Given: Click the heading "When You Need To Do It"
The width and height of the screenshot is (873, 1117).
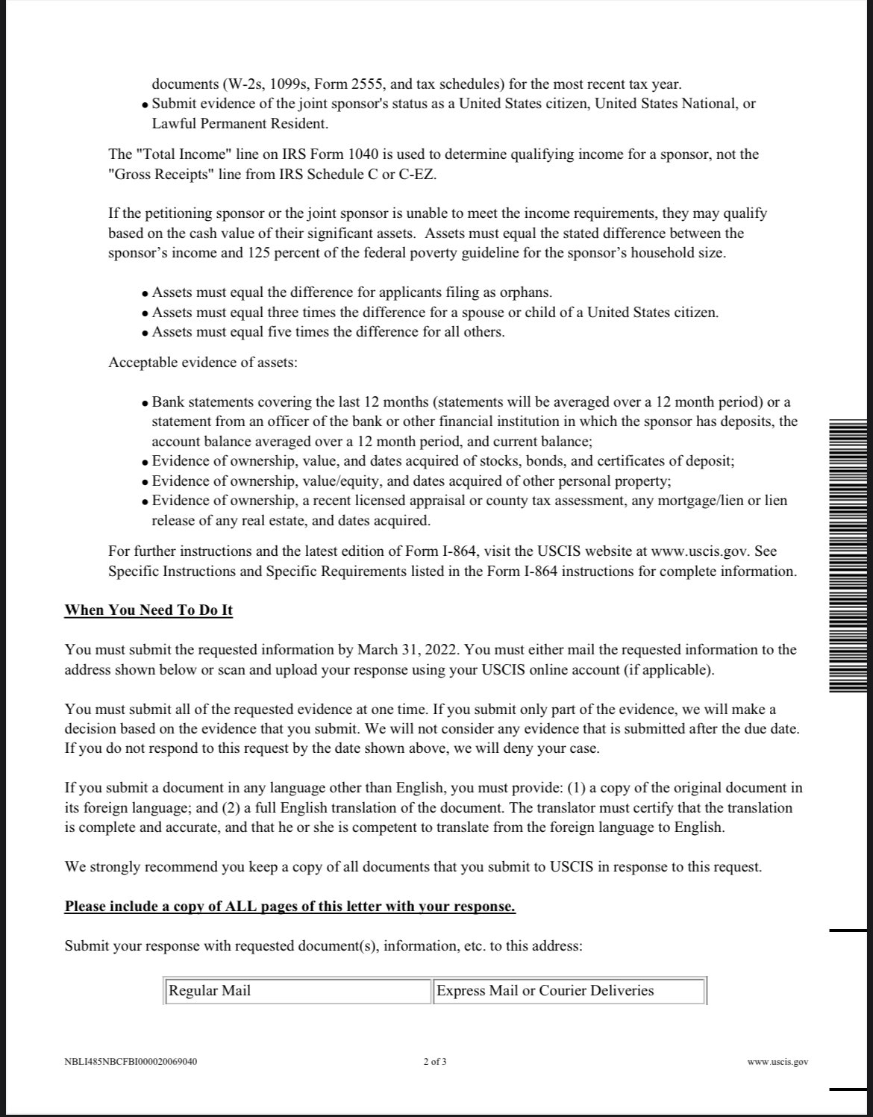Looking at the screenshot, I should click(148, 610).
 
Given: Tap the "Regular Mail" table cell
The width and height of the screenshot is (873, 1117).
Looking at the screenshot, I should click(297, 991).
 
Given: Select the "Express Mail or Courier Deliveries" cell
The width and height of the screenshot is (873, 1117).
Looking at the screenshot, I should click(569, 991).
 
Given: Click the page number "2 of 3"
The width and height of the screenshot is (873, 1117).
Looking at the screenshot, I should click(435, 1062).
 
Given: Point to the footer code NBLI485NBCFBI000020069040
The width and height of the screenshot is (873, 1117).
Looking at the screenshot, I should click(131, 1062).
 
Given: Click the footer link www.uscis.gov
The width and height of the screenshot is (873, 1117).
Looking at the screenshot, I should click(777, 1062).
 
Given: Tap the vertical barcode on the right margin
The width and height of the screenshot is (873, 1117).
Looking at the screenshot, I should click(848, 556).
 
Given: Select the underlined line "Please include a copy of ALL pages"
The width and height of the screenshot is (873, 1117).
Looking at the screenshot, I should click(290, 907).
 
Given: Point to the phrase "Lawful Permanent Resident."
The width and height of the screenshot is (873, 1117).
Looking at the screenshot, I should click(240, 124).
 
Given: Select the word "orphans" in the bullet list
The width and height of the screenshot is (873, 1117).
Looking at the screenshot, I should click(526, 292).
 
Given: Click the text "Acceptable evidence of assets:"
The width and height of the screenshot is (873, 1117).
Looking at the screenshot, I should click(203, 363).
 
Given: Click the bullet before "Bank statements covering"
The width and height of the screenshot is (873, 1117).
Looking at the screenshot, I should click(145, 404).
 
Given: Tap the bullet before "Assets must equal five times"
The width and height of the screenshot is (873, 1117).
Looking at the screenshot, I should click(145, 333).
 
